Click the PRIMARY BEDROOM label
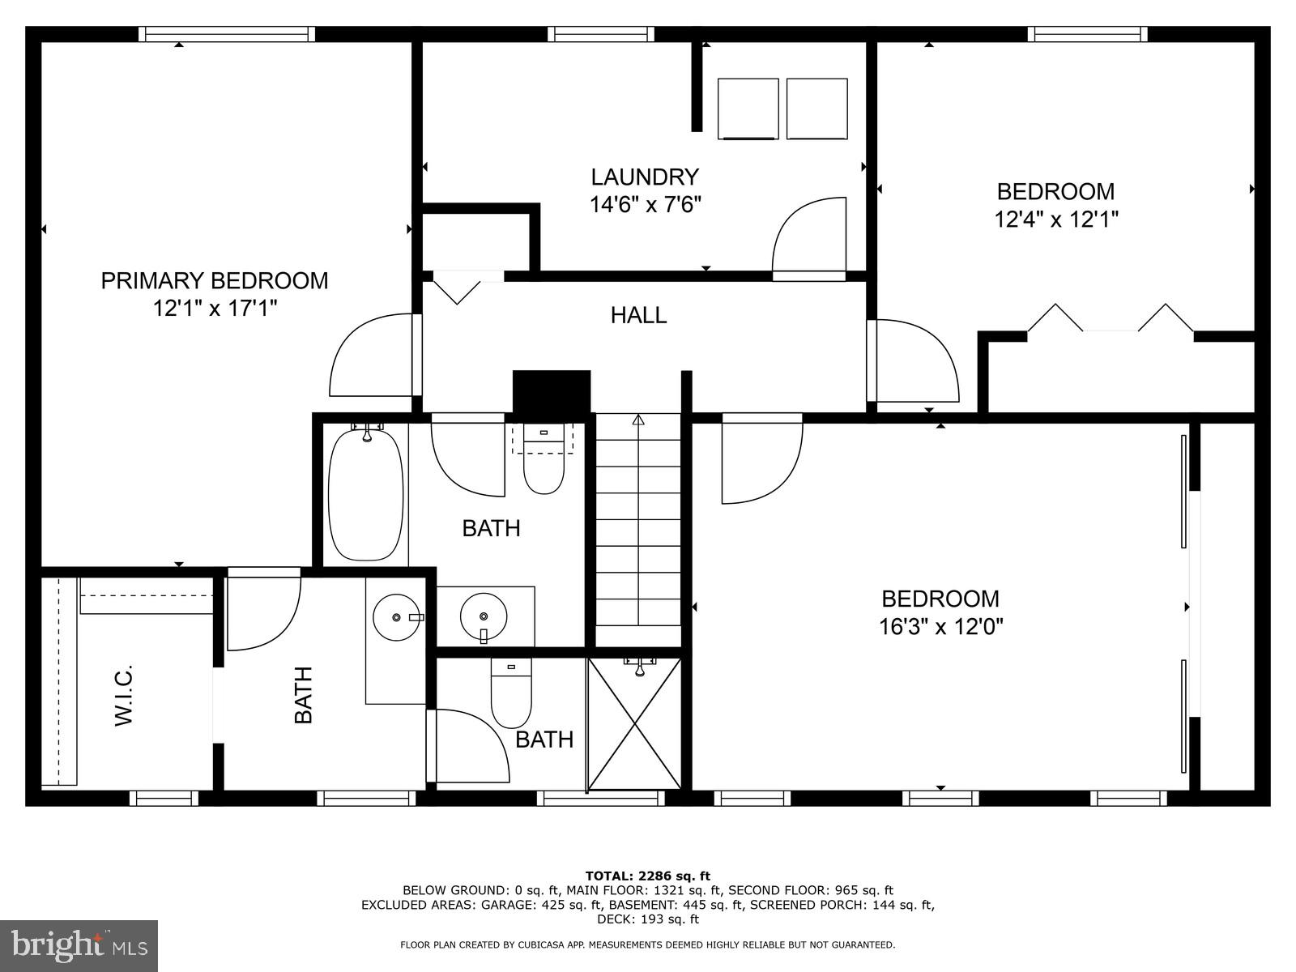click(x=215, y=281)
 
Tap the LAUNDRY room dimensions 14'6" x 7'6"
click(x=645, y=204)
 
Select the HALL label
click(x=638, y=315)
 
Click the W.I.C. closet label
click(x=123, y=695)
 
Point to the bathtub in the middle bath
click(x=365, y=495)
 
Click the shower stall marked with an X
click(x=634, y=723)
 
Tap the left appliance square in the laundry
click(x=748, y=109)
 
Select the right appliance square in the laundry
click(x=816, y=109)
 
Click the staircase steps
click(x=638, y=526)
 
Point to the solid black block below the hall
click(x=552, y=393)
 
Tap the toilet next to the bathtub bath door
click(x=544, y=462)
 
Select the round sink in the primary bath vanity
click(x=397, y=617)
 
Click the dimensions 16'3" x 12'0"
click(x=940, y=627)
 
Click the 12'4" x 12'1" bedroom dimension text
click(x=1055, y=220)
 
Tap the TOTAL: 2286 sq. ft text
click(x=647, y=876)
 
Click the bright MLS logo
click(x=79, y=946)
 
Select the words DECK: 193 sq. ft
click(x=647, y=919)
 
